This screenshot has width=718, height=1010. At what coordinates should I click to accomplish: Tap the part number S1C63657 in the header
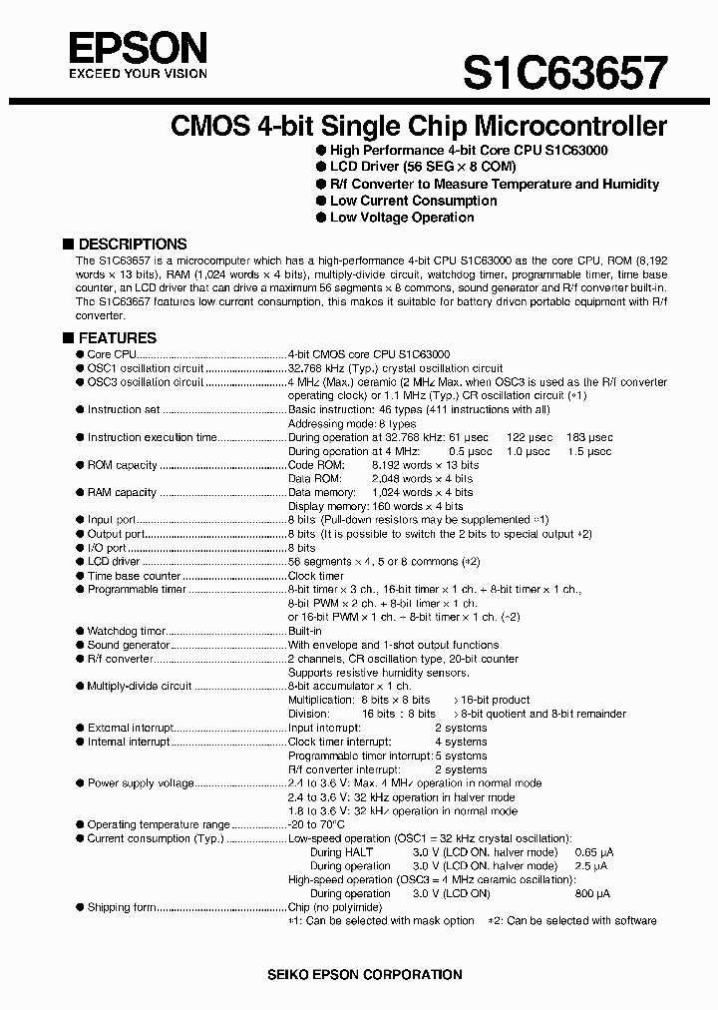565,73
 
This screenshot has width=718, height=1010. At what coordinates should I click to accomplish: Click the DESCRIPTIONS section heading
132,244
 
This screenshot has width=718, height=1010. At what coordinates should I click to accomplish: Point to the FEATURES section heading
117,338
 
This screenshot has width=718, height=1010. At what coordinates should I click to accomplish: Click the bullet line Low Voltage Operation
402,218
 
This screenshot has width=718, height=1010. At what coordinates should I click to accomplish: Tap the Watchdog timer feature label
127,632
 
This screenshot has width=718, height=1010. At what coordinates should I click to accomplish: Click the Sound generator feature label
129,646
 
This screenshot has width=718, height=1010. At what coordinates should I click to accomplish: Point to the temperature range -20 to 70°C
316,825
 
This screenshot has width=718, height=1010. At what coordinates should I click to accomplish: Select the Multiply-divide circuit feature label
139,687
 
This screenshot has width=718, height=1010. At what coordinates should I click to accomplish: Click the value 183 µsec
587,437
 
